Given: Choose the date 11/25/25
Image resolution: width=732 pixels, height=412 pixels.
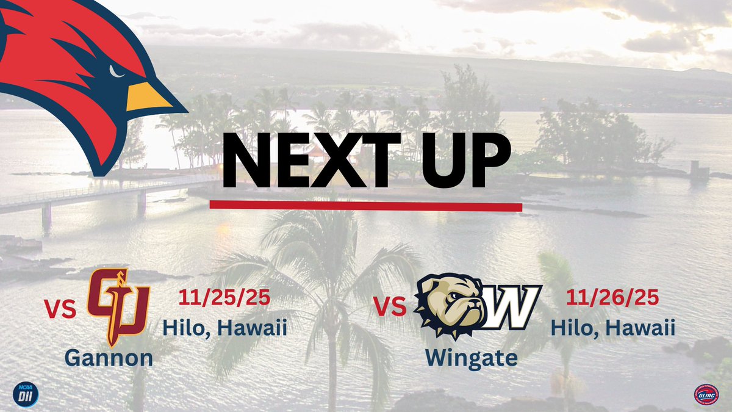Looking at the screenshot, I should pyautogui.click(x=225, y=298).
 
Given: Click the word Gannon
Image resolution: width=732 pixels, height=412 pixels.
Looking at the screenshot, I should pyautogui.click(x=109, y=357).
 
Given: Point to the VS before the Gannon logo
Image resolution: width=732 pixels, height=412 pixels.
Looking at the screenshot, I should pyautogui.click(x=60, y=308).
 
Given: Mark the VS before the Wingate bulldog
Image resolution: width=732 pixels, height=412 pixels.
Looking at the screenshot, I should pyautogui.click(x=390, y=307).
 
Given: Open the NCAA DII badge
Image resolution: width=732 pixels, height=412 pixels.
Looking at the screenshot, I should pyautogui.click(x=26, y=391).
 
